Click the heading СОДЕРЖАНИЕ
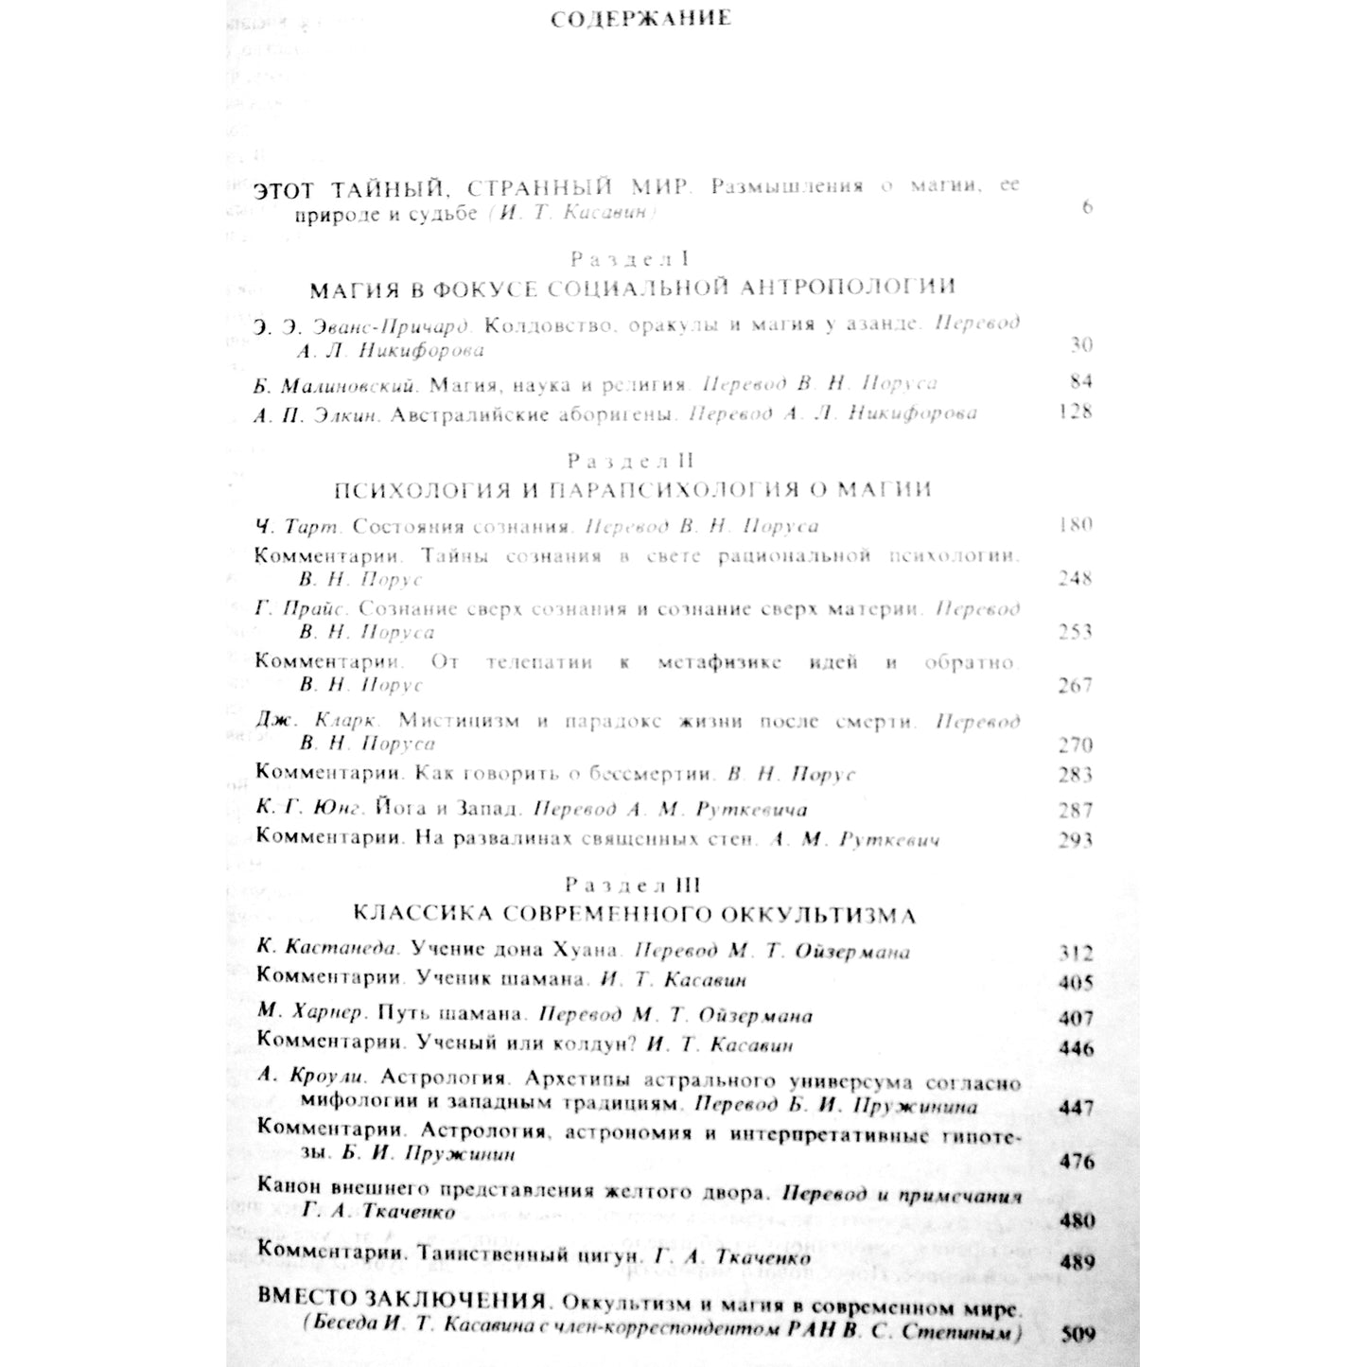coord(640,19)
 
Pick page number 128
coord(1076,412)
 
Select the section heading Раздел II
coord(631,461)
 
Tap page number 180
coord(1076,525)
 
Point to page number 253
coord(1076,632)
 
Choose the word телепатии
coord(539,663)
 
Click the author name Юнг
coord(337,810)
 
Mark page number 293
coord(1076,840)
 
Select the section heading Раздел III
coord(633,885)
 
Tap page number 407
coord(1077,1019)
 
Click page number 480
coord(1078,1221)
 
